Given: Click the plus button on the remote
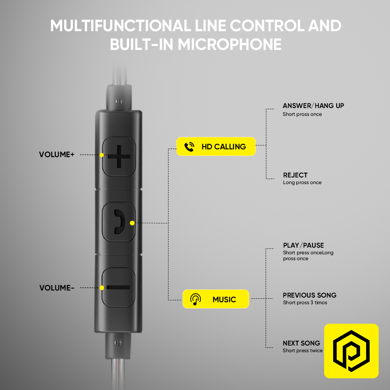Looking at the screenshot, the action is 119,156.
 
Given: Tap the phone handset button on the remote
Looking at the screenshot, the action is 119,222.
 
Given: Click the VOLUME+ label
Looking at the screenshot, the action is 57,154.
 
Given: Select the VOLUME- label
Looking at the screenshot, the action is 57,288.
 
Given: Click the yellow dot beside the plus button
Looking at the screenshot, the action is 101,155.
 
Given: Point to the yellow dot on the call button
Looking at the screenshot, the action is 132,223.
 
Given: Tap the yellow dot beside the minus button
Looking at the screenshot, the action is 102,288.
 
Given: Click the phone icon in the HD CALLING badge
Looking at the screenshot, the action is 189,147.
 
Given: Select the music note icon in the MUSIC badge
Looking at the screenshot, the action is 195,299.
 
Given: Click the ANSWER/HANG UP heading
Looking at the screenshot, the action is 314,106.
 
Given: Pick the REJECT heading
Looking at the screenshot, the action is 295,175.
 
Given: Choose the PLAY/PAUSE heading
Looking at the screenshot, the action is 303,245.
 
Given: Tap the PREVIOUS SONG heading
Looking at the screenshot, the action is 310,295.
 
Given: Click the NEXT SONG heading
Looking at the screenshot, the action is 301,343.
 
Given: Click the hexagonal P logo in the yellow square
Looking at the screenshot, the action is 351,351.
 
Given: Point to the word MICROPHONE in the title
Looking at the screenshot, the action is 229,44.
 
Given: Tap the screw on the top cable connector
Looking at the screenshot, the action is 119,101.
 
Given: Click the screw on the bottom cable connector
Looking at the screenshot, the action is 118,343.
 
